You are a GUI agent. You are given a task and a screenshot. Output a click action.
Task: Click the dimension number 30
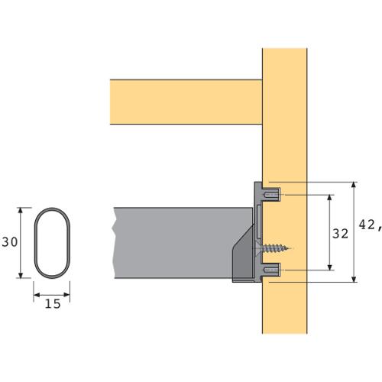pos(10,242)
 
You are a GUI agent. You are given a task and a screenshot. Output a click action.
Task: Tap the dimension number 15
pos(53,304)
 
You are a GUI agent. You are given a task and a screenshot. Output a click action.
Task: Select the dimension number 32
pos(340,234)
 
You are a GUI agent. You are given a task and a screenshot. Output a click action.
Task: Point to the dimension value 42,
pos(371,225)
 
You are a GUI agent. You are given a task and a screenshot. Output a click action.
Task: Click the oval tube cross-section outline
pos(34,243)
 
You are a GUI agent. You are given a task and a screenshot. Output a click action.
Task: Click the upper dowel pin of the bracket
pos(272,195)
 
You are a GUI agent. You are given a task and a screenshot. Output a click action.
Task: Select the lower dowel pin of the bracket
pos(272,270)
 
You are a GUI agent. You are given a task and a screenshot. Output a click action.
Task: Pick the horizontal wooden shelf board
pos(186,102)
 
